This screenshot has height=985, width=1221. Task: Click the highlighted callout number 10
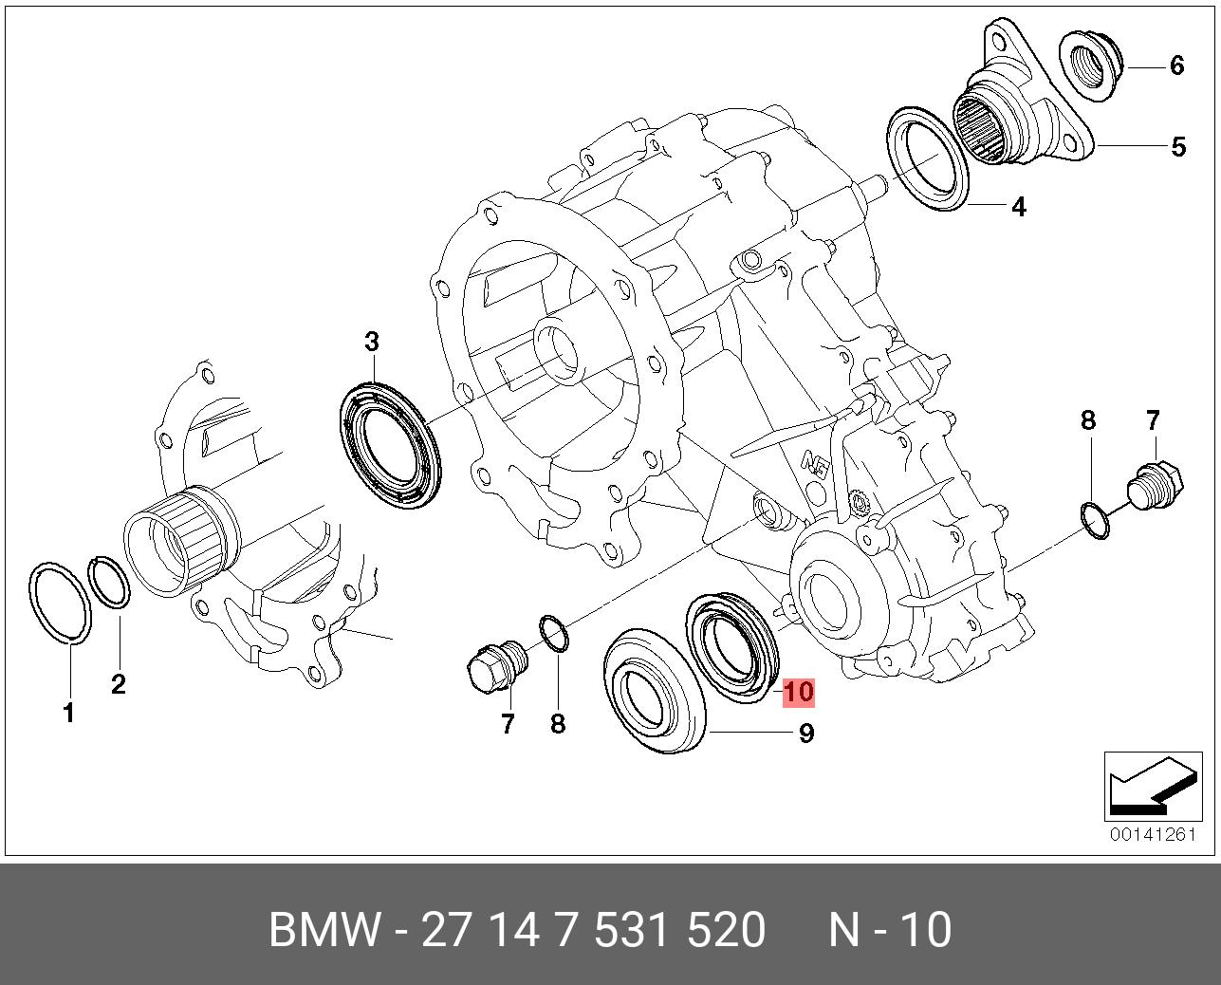point(799,692)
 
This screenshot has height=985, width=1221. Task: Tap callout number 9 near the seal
point(805,733)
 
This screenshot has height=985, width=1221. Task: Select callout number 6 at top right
point(1176,65)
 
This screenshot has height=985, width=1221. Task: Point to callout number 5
point(1178,147)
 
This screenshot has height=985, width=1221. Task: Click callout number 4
point(1018,206)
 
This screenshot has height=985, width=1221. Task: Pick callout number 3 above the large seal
point(372,342)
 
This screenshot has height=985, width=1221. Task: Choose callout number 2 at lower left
point(118,684)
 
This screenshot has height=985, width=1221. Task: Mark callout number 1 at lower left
point(68,714)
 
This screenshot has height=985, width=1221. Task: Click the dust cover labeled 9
point(656,692)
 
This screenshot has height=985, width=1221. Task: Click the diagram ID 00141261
point(1154,834)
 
